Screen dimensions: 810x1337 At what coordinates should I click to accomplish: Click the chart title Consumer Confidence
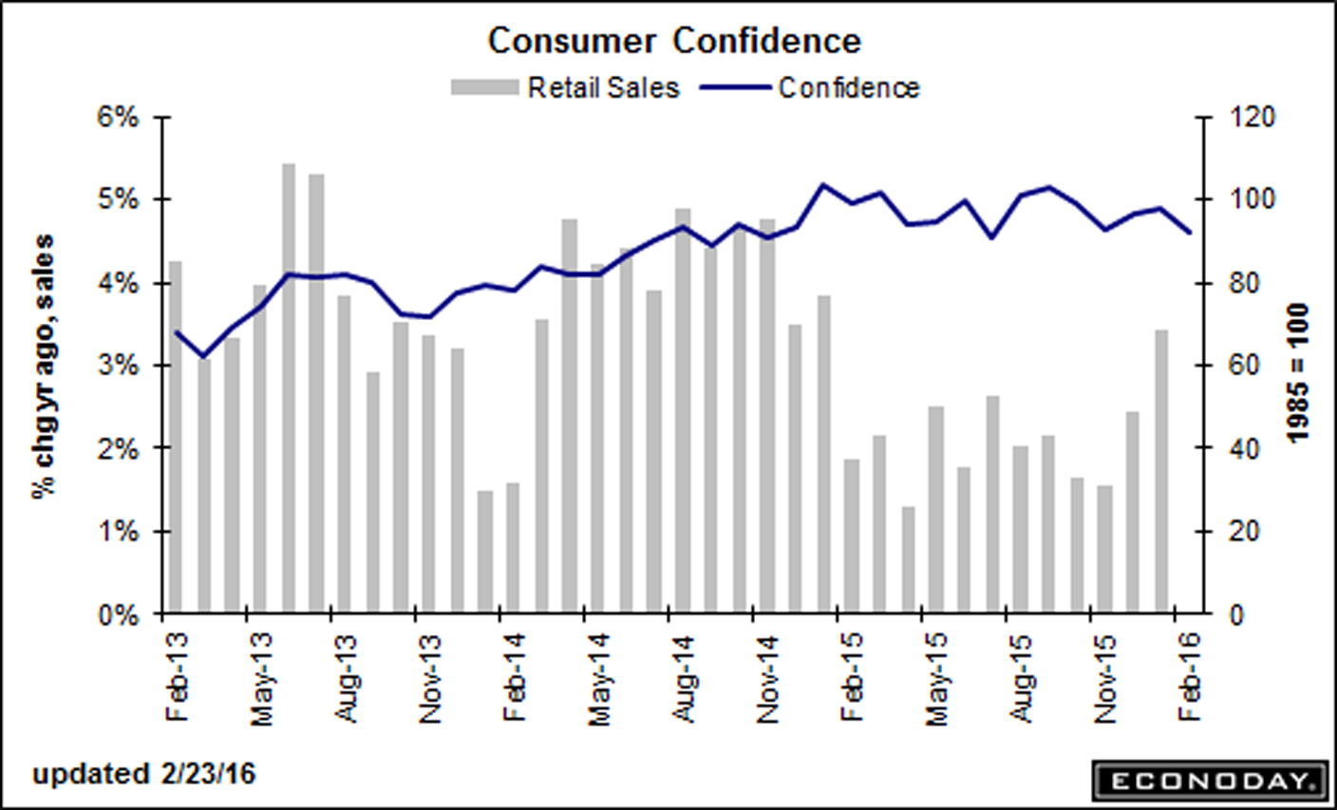[x=674, y=41]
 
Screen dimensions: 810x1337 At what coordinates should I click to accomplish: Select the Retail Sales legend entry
[x=566, y=88]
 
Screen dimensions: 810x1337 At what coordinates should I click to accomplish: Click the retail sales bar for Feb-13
[x=175, y=437]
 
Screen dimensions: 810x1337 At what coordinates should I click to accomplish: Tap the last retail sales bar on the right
[x=1160, y=471]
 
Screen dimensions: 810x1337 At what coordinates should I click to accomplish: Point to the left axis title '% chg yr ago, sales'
[x=44, y=366]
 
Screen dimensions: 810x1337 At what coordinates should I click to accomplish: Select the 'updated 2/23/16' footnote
[x=144, y=774]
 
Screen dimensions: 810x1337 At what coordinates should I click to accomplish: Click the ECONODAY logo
[x=1208, y=782]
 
